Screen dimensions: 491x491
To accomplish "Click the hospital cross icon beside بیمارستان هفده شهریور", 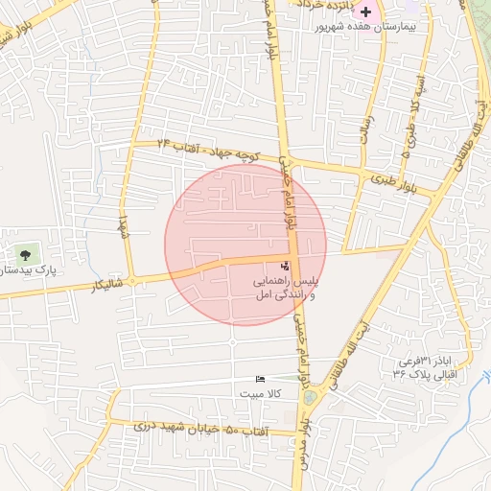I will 365,11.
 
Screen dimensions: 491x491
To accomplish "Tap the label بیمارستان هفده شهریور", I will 365,27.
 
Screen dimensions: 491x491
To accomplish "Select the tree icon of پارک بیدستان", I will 25,255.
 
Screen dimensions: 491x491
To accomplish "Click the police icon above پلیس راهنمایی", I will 284,266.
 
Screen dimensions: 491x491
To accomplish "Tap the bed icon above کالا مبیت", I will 260,381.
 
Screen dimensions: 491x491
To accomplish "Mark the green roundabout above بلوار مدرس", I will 309,396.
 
